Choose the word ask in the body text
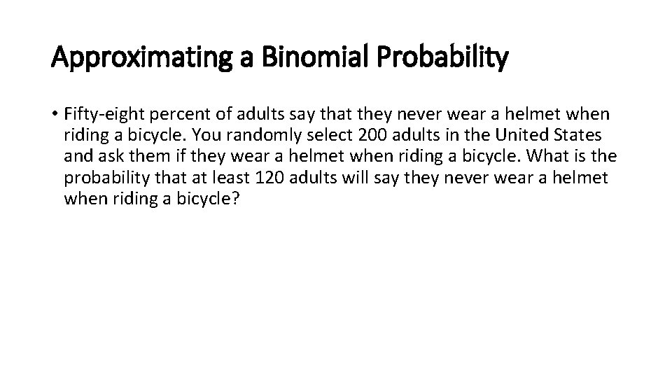click(109, 156)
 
